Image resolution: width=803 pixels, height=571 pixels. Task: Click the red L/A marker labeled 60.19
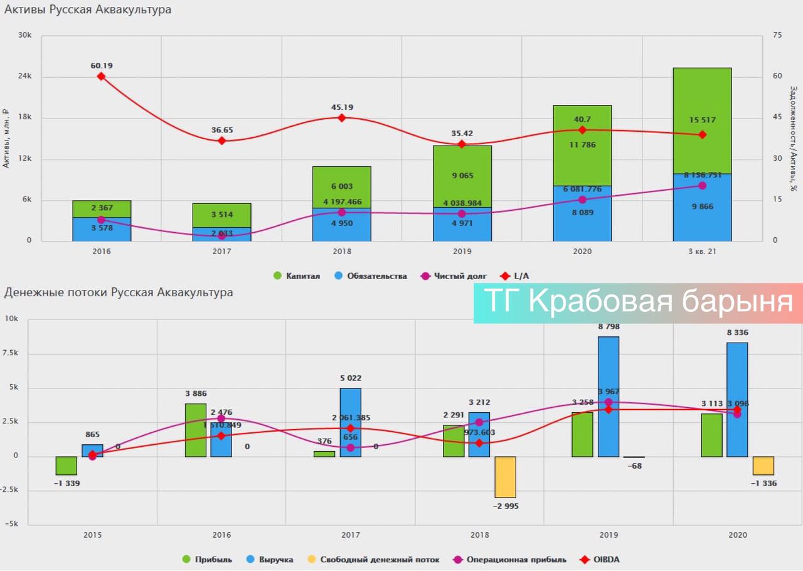pos(101,77)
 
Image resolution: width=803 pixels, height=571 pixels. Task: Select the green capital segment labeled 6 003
pos(342,187)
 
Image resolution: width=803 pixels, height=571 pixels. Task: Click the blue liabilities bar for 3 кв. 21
pos(702,208)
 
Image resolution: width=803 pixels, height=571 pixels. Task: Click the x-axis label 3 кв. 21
pos(702,251)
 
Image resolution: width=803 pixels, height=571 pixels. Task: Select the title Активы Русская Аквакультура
pos(88,10)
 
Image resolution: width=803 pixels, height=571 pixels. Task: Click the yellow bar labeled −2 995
pos(505,477)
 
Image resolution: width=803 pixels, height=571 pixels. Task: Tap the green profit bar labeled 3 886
pos(196,430)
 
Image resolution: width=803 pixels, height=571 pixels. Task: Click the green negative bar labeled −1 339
pos(66,466)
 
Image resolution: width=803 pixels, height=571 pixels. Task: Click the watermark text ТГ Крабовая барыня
pos(639,302)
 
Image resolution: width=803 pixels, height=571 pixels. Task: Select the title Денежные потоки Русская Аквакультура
pos(119,293)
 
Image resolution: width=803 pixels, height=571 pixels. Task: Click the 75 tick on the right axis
pos(777,36)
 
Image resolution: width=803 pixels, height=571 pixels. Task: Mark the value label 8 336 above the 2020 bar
pos(737,333)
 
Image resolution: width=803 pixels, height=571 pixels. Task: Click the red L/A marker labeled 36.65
pos(221,141)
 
